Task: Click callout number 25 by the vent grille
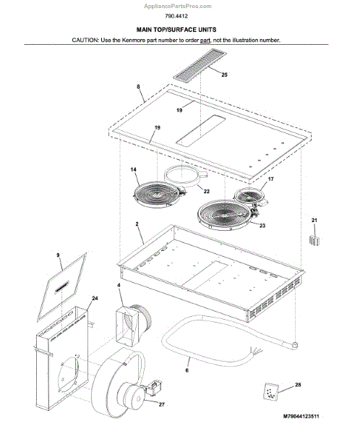tap(224, 75)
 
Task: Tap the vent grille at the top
tap(200, 64)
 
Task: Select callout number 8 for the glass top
tap(138, 87)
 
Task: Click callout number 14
tap(134, 169)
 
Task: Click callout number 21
tap(314, 221)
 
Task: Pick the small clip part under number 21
tap(314, 240)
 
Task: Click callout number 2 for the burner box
tap(137, 224)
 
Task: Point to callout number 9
tap(58, 255)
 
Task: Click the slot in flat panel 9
tap(62, 286)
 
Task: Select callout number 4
tap(119, 285)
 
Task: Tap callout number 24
tap(95, 298)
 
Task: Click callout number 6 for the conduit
tap(187, 370)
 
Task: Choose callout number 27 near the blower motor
tap(162, 404)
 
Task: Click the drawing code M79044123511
tap(301, 416)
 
